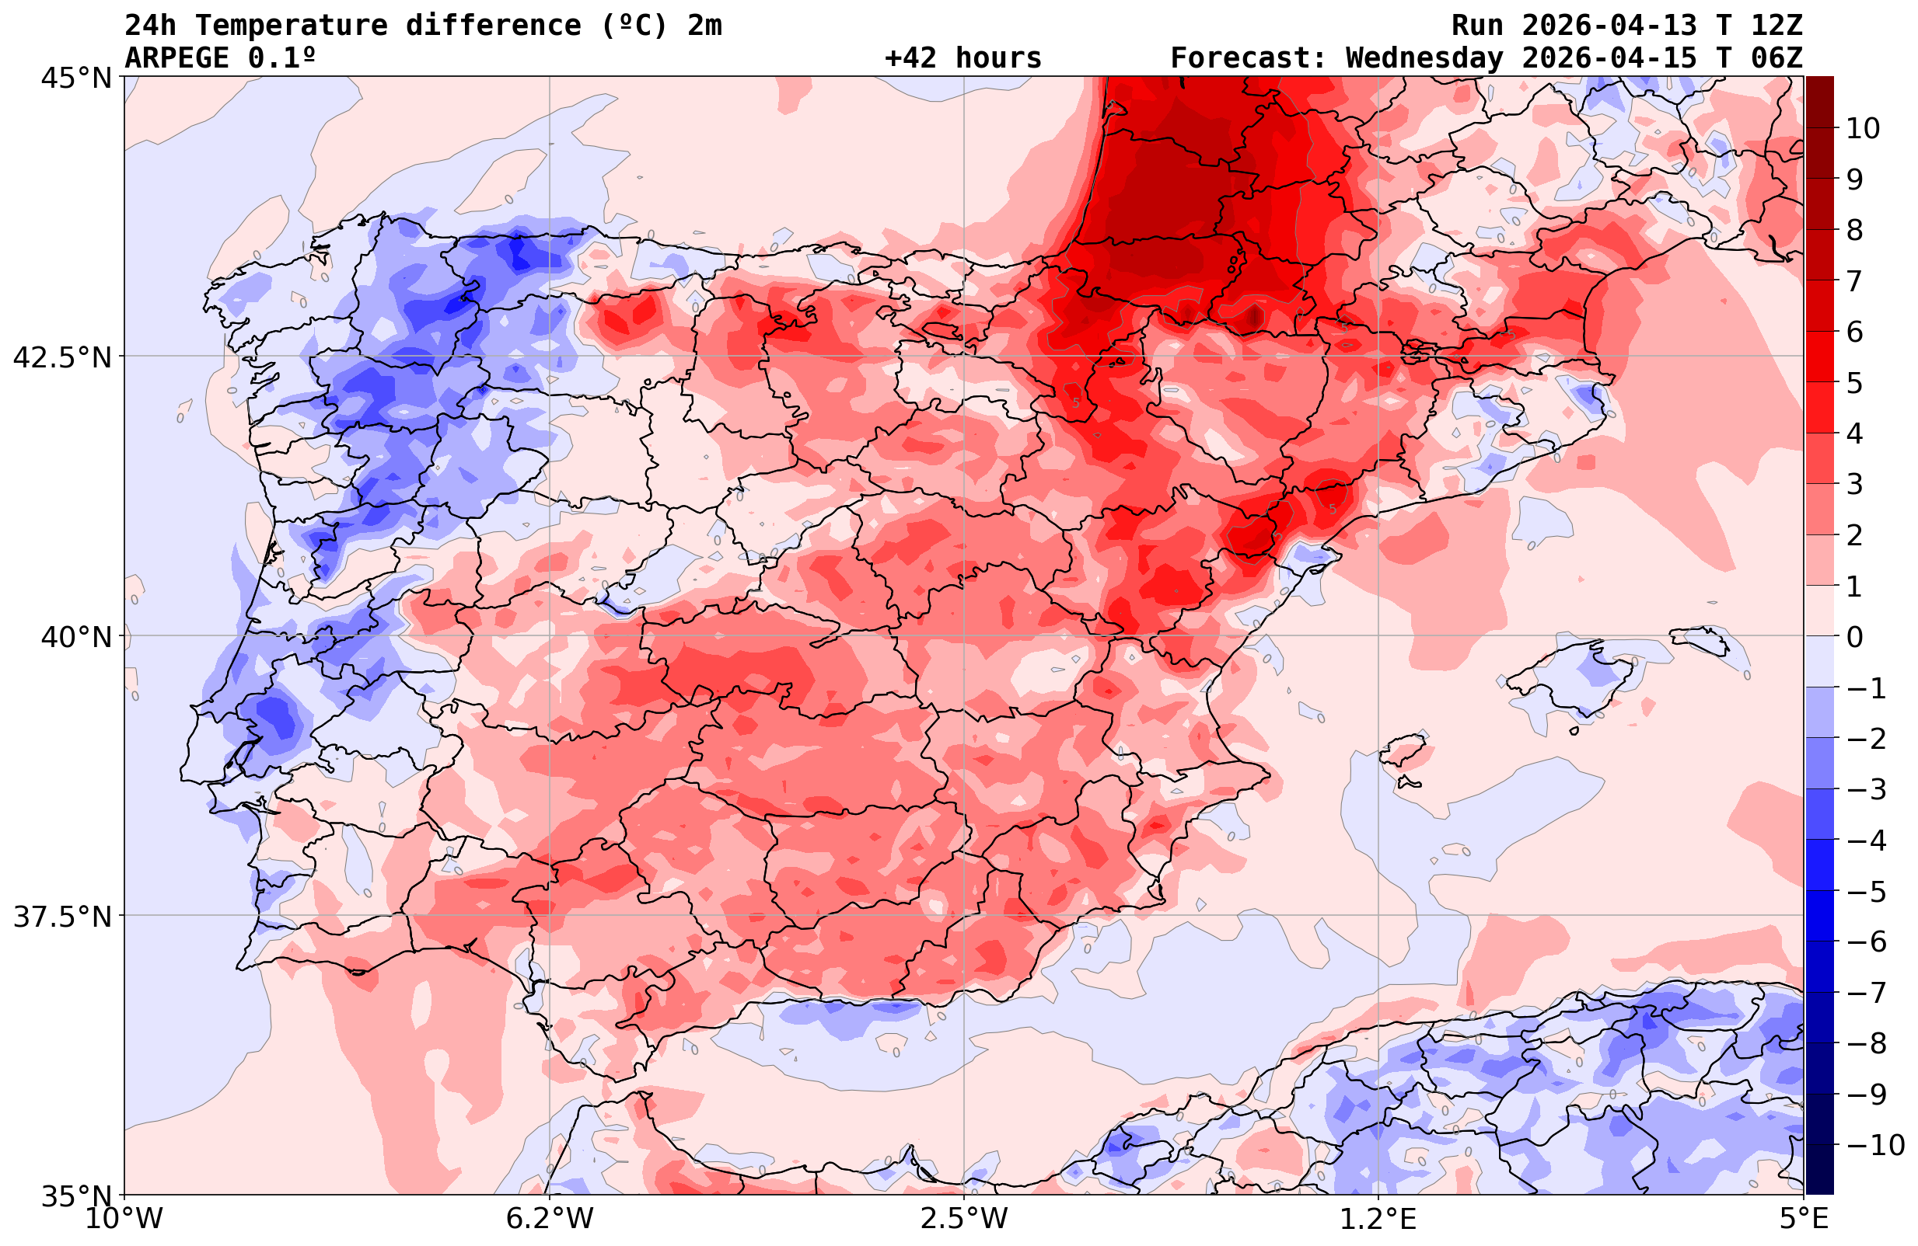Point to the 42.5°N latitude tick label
[62, 357]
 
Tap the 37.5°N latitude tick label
[62, 917]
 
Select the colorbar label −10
[1874, 1144]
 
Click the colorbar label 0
[1854, 637]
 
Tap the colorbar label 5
[1854, 384]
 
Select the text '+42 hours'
[963, 58]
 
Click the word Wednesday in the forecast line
[1424, 58]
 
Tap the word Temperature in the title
[291, 26]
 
